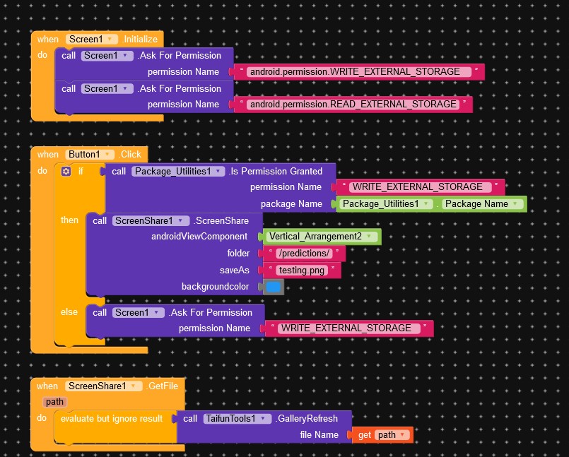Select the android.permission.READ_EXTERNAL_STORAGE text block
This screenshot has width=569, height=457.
pyautogui.click(x=353, y=104)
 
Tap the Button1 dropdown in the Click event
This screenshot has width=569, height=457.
pyautogui.click(x=90, y=154)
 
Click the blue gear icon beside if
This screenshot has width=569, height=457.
pyautogui.click(x=66, y=171)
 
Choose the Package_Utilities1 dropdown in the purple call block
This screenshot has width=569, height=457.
pyautogui.click(x=179, y=171)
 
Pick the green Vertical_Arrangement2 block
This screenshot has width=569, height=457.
pyautogui.click(x=322, y=237)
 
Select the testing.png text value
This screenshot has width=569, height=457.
pyautogui.click(x=302, y=270)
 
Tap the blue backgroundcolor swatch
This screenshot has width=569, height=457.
pyautogui.click(x=273, y=287)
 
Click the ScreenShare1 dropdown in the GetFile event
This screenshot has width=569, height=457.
pyautogui.click(x=98, y=386)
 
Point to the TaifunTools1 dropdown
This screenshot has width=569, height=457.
pyautogui.click(x=237, y=418)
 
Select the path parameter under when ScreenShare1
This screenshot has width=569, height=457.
pyautogui.click(x=54, y=401)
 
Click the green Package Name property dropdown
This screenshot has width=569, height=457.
pyautogui.click(x=484, y=203)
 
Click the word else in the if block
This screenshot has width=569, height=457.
pyautogui.click(x=69, y=312)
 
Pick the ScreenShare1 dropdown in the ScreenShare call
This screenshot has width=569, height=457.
pyautogui.click(x=151, y=220)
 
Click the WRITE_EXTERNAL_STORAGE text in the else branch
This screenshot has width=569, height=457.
pyautogui.click(x=346, y=328)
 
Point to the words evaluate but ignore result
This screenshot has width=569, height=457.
pyautogui.click(x=112, y=418)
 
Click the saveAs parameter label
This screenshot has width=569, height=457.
pyautogui.click(x=235, y=270)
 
